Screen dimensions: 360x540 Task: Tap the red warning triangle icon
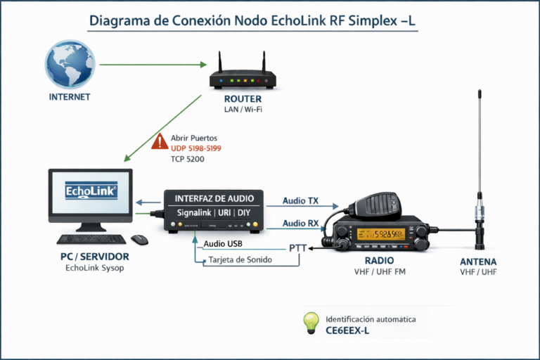(x=160, y=141)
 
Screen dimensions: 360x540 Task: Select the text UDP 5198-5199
(x=196, y=148)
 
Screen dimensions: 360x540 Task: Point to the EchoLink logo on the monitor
(x=91, y=191)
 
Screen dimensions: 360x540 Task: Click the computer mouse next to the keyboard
(x=139, y=240)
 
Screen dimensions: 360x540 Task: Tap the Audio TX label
(x=300, y=201)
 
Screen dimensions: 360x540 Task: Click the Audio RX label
(x=300, y=224)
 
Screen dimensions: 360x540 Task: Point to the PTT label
(x=298, y=247)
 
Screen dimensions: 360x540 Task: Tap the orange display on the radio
(x=380, y=235)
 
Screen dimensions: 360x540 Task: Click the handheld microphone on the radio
(x=382, y=205)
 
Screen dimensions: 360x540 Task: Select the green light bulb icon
(x=311, y=323)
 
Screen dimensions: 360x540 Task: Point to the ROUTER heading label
(x=243, y=99)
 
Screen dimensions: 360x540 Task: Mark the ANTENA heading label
(x=478, y=262)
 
